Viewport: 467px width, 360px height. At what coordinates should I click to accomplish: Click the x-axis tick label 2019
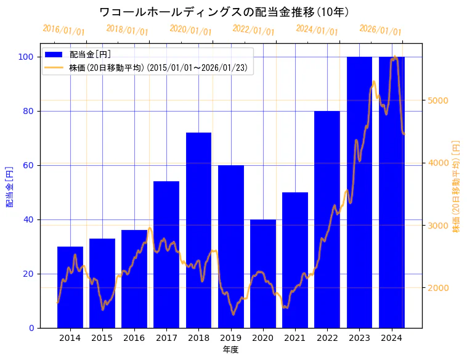230,338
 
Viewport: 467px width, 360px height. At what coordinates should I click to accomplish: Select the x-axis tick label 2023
359,338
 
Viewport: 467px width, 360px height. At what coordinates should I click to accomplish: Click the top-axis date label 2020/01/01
190,30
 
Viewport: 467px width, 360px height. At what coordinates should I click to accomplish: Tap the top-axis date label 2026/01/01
380,30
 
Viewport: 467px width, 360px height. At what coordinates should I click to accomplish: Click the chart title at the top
224,12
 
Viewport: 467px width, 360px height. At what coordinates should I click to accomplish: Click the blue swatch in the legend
54,54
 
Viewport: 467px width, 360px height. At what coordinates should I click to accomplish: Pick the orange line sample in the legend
54,68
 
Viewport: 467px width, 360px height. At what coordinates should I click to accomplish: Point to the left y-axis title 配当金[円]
9,186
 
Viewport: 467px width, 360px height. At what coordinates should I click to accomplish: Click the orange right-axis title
456,186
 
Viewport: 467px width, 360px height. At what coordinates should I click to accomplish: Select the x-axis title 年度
230,350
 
